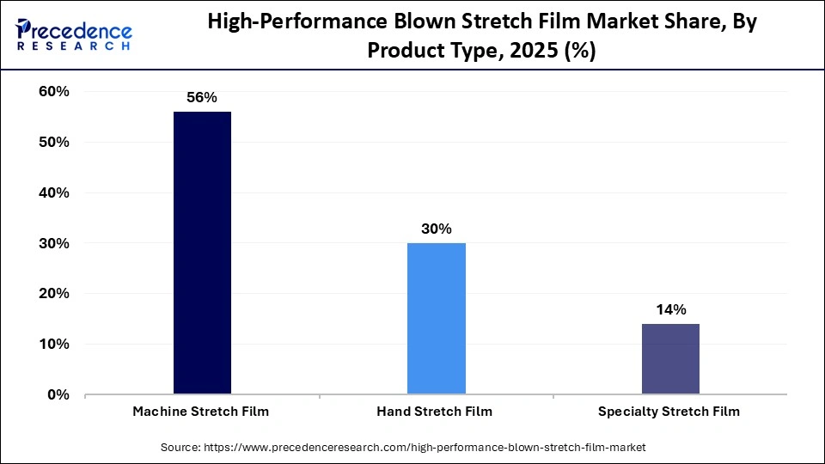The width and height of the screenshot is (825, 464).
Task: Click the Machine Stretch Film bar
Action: click(x=202, y=253)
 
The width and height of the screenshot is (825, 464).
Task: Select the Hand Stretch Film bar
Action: click(x=436, y=319)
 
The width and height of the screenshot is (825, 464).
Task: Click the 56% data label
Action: click(x=202, y=98)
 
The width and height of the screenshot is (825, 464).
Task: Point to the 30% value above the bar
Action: click(x=436, y=229)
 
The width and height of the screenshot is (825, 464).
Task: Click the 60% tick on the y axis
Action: click(x=54, y=92)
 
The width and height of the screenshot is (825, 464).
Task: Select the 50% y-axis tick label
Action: click(x=54, y=143)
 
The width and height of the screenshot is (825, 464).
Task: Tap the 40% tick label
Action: click(x=54, y=193)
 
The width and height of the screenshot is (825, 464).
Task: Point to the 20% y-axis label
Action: click(x=54, y=294)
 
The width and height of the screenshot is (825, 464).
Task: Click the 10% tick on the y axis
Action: click(x=54, y=345)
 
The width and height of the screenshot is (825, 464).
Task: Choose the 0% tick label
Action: click(x=58, y=395)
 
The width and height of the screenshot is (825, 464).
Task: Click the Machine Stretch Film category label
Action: click(x=201, y=412)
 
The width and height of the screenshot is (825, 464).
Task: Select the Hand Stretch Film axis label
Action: click(x=435, y=412)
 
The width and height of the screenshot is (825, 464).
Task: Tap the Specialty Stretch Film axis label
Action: click(x=669, y=412)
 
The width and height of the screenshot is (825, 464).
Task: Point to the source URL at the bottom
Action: click(x=425, y=448)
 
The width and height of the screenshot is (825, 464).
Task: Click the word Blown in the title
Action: click(x=446, y=23)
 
